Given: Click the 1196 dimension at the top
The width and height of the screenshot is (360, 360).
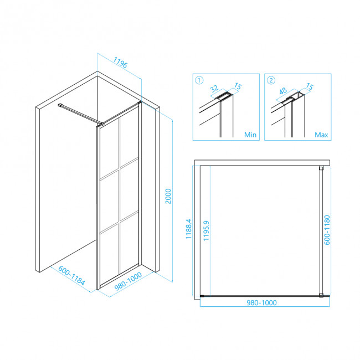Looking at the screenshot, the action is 120,63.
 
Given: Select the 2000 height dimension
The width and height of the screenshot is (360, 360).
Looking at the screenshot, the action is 168,196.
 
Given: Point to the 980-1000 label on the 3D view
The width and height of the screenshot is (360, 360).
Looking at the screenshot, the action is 128,281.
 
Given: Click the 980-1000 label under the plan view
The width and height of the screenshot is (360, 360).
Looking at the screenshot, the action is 261,302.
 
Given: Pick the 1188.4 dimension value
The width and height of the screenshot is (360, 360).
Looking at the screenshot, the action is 188,229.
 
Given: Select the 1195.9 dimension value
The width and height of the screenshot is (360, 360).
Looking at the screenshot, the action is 206,230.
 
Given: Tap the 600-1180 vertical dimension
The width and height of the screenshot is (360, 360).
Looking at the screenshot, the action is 327,230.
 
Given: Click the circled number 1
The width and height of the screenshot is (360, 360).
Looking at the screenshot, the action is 199,80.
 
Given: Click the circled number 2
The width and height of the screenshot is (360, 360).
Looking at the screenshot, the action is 271,80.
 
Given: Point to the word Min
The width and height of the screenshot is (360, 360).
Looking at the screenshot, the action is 250,135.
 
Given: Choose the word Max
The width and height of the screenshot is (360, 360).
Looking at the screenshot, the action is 321,135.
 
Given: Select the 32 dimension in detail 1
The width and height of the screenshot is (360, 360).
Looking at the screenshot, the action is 214,89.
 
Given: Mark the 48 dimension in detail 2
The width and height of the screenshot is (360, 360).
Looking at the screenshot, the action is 283,91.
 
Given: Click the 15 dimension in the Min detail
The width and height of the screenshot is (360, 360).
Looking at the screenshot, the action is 238,86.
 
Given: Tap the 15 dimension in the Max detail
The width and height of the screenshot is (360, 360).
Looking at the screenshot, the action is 310,86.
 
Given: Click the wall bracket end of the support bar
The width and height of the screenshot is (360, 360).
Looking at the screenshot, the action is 60,105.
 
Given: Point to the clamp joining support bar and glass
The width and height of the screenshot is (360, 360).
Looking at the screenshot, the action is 102,124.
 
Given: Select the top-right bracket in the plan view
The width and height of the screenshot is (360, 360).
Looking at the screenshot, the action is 321,168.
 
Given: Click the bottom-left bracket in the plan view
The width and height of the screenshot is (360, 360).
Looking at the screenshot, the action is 202,296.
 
